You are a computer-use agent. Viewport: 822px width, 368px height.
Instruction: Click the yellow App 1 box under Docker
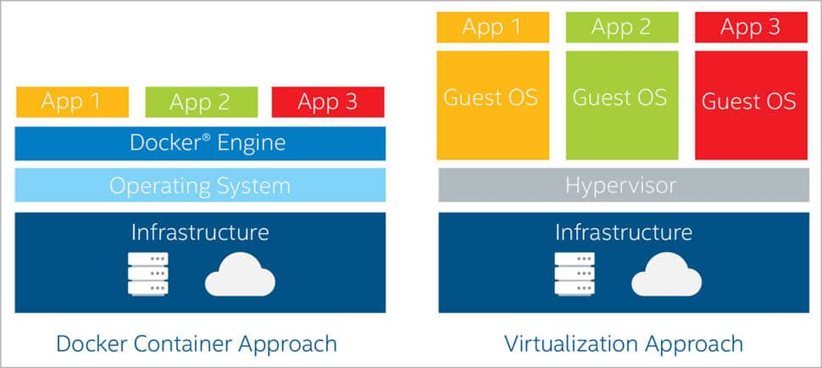click(x=72, y=102)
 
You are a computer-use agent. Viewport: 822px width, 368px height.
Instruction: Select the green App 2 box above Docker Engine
click(x=200, y=102)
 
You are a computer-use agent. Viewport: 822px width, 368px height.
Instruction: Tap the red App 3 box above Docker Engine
click(x=328, y=102)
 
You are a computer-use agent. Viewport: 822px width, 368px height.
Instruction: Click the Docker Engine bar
click(x=200, y=143)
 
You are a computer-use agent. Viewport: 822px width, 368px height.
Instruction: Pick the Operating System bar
click(x=200, y=185)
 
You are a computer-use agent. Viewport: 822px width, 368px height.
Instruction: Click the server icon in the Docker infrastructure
click(x=148, y=274)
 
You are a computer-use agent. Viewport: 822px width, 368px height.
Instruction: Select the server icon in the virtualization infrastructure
click(x=573, y=274)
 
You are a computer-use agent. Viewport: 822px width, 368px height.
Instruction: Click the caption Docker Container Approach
click(x=197, y=343)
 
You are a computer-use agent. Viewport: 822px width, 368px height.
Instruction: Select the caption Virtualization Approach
click(x=624, y=343)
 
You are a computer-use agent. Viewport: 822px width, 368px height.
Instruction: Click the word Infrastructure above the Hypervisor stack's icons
click(x=624, y=231)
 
